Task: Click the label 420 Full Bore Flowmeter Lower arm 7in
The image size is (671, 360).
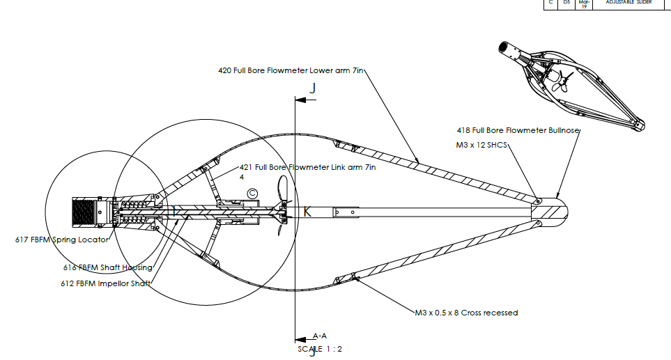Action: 292,70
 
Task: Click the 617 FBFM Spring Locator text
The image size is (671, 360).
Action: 62,240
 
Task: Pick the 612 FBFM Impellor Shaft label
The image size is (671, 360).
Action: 107,283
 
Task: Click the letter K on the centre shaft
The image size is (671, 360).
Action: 307,212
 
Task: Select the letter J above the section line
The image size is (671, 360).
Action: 313,88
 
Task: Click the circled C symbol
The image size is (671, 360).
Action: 252,193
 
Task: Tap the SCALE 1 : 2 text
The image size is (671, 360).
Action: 320,348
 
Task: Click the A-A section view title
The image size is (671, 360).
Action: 320,336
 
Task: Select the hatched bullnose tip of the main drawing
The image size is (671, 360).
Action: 556,210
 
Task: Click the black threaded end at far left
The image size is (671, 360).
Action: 85,211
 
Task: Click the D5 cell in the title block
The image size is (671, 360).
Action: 567,2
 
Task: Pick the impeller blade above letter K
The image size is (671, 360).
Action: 283,190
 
